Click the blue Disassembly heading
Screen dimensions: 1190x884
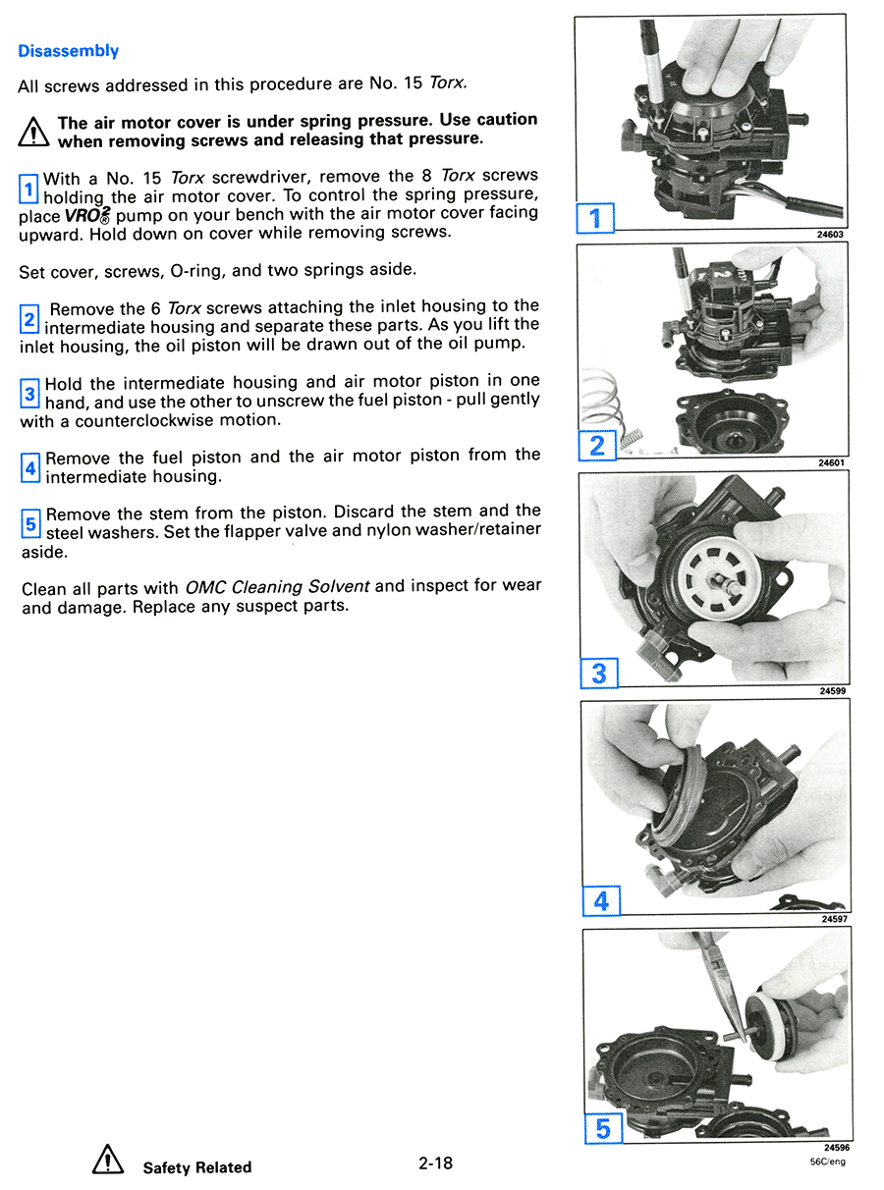(68, 51)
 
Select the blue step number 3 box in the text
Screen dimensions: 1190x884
(29, 394)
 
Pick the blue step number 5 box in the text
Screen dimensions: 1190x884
(30, 523)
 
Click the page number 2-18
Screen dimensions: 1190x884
(434, 1163)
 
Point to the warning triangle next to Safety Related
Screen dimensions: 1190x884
(107, 1163)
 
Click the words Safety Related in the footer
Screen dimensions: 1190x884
(196, 1167)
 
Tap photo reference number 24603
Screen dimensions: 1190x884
(829, 235)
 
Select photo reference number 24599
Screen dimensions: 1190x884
(832, 691)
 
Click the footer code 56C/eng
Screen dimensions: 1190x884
(827, 1162)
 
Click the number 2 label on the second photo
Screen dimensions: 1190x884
(596, 445)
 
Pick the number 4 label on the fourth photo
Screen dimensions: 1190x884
(601, 900)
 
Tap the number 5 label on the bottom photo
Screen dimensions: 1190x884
(602, 1128)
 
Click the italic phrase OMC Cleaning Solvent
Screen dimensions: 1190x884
(277, 587)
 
